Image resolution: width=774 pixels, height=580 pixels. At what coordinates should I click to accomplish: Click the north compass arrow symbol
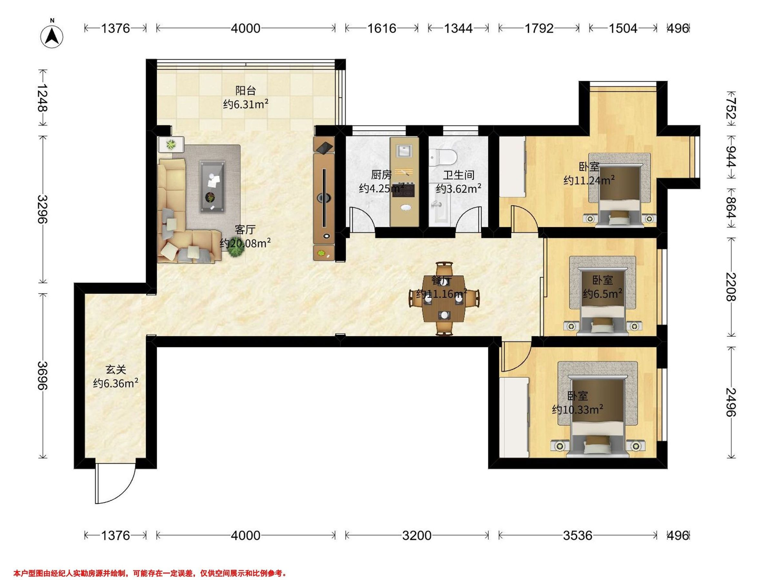[x=52, y=36]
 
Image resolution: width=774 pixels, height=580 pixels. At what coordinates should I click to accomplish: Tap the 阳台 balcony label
[x=246, y=91]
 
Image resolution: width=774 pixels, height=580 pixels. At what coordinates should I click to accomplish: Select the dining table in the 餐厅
[x=444, y=299]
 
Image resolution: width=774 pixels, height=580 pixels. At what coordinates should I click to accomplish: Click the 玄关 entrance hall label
[x=116, y=370]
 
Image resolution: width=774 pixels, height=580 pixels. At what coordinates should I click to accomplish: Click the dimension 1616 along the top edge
[x=382, y=28]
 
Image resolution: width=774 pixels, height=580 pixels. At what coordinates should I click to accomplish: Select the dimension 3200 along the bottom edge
[x=416, y=535]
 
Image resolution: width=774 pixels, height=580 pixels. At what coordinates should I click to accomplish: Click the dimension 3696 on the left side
[x=43, y=375]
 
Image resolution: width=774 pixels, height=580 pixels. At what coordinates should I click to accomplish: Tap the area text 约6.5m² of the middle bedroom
[x=602, y=294]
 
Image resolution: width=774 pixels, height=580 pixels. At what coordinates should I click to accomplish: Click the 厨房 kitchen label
[x=382, y=174]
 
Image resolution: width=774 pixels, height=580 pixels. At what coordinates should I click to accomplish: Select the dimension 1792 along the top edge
[x=539, y=28]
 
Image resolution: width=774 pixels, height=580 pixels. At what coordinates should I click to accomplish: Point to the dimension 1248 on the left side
[x=43, y=98]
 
